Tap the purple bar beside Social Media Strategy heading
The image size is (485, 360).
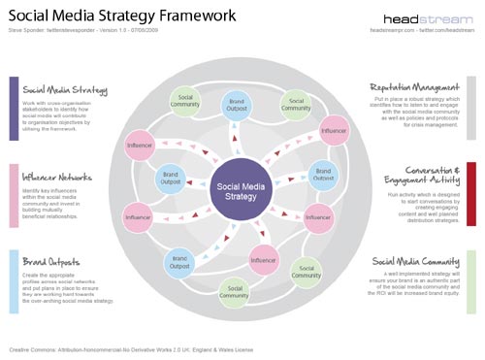point(14,108)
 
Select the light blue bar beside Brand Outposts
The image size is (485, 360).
point(14,281)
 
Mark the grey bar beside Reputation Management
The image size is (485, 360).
point(471,109)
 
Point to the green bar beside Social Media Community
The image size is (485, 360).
point(471,282)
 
